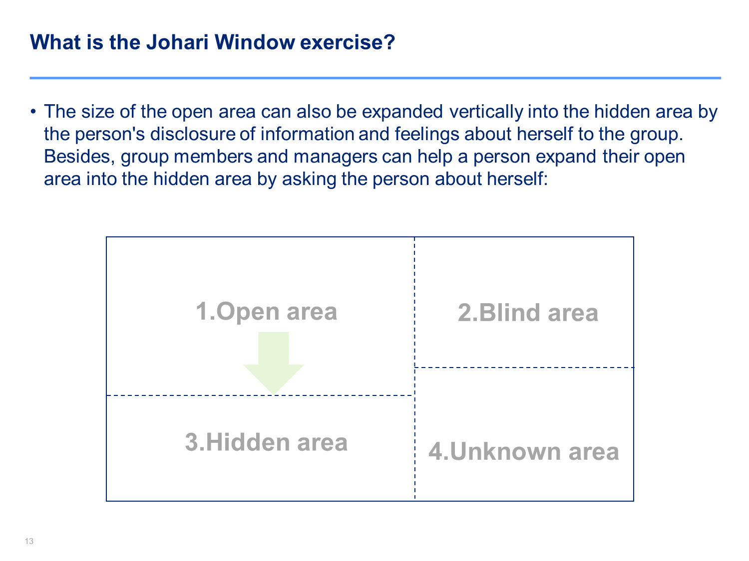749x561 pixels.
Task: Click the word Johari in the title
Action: click(177, 42)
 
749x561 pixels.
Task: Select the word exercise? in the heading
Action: click(347, 42)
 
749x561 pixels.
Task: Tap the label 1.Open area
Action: click(266, 311)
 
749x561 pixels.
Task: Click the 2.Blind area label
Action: click(527, 312)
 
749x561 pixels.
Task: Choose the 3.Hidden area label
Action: click(266, 442)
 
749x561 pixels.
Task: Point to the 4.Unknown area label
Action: click(523, 451)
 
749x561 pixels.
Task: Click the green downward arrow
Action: click(273, 363)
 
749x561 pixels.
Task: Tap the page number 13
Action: click(29, 541)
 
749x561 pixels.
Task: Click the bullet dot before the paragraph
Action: click(33, 112)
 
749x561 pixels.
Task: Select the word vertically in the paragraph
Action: click(486, 112)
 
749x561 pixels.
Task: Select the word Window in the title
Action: click(255, 42)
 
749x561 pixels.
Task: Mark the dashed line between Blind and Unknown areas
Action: click(524, 368)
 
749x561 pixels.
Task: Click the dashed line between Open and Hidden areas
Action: click(260, 395)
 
